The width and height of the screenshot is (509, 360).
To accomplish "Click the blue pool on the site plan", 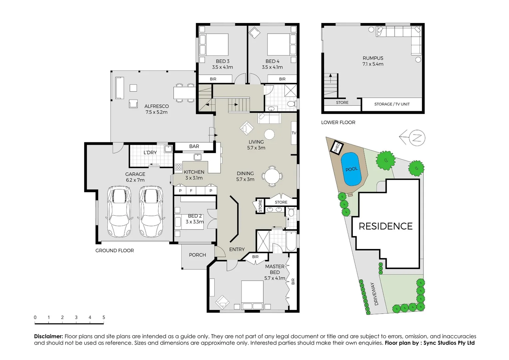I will [351, 169].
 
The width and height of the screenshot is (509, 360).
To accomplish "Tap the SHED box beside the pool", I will [337, 147].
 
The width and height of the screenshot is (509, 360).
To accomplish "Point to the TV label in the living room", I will [294, 133].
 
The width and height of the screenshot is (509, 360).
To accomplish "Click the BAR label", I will [194, 146].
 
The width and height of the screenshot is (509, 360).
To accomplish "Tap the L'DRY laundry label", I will [150, 152].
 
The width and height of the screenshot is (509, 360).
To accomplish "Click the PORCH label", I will [197, 255].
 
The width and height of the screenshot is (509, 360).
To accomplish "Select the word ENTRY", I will [237, 249].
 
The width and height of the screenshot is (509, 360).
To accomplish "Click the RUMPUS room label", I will [373, 58].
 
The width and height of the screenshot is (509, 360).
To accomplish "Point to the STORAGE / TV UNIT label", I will [392, 104].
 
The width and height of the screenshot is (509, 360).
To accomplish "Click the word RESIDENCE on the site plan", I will [385, 226].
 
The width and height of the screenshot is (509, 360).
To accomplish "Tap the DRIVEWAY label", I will [374, 294].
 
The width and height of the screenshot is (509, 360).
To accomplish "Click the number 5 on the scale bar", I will [104, 317].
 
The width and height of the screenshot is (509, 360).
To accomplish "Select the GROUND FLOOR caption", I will [115, 251].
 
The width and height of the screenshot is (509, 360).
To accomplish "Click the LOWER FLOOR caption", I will [338, 122].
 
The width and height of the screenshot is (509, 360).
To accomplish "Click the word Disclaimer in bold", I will [48, 336].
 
